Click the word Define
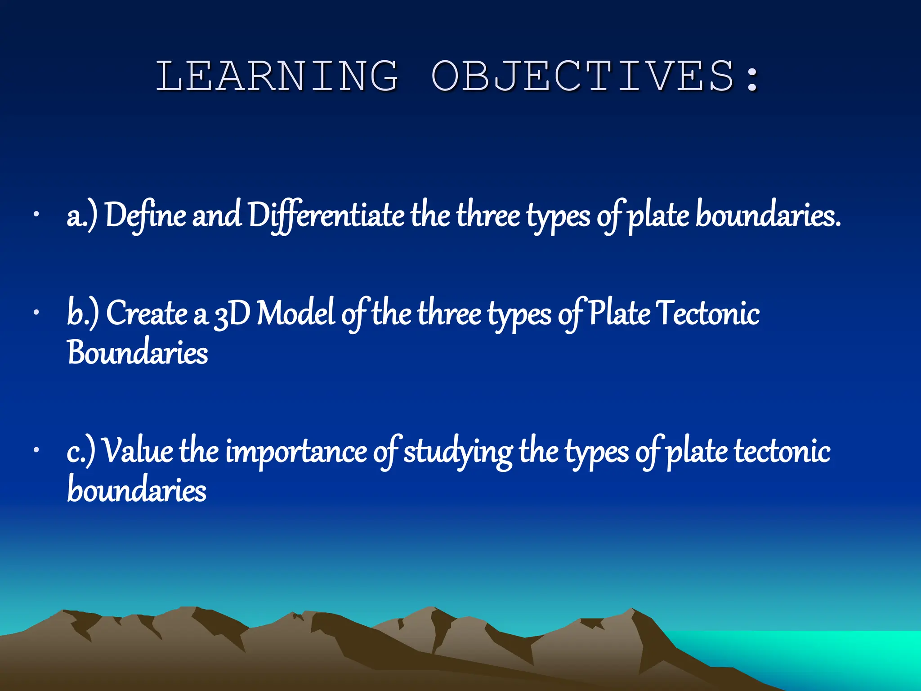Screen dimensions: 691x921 pos(145,215)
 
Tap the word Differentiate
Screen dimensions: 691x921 pos(326,215)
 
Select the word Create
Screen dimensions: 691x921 pos(147,313)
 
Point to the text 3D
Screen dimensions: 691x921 pos(232,314)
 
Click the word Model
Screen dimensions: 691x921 pos(295,313)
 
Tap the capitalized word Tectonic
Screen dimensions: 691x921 pos(707,313)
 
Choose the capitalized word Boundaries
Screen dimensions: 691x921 pos(137,352)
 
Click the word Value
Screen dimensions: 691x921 pos(138,451)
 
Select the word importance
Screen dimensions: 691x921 pos(296,452)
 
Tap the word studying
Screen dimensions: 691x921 pos(457,452)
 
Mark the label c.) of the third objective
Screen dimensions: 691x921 pos(80,452)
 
